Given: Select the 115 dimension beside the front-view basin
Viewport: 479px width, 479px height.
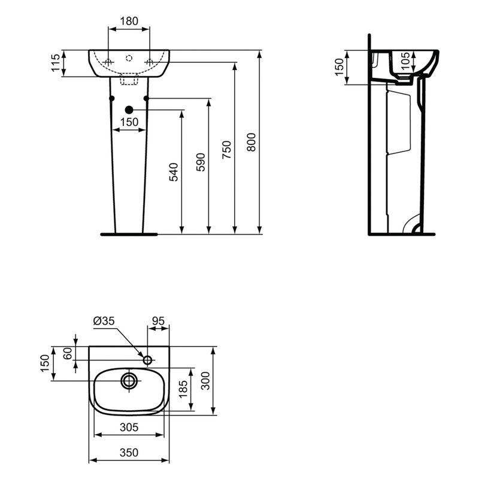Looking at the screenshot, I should click(56, 63).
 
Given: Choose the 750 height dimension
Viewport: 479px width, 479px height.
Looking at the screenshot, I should click(226, 150).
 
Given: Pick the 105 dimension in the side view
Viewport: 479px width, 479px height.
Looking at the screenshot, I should click(405, 59).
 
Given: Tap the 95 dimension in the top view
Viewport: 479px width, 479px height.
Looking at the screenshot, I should click(158, 321).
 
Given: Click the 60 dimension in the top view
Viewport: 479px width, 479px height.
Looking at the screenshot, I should click(68, 353).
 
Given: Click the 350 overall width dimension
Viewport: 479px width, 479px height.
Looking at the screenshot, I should click(129, 453).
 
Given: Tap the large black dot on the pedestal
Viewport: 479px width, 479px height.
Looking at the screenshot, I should click(129, 110).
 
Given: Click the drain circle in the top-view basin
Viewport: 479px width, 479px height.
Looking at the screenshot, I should click(129, 380).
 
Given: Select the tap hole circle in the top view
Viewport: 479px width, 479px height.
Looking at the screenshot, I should click(148, 360).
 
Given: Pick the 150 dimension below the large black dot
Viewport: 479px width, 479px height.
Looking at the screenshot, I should click(129, 122).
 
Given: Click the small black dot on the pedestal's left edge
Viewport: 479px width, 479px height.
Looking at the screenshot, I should click(111, 98).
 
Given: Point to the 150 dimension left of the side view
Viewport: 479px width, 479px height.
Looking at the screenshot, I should click(339, 67).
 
